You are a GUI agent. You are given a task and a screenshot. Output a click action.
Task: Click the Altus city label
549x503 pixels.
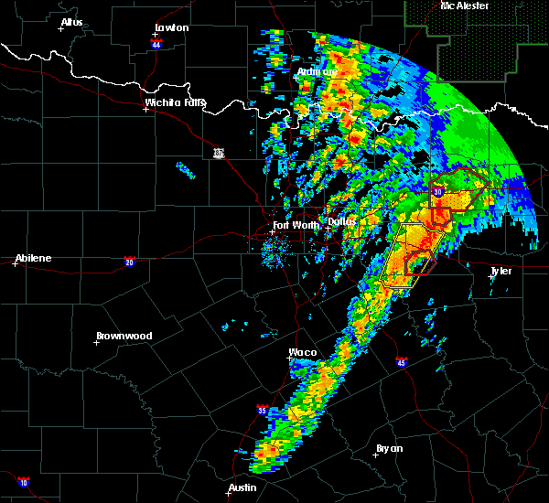click(x=71, y=22)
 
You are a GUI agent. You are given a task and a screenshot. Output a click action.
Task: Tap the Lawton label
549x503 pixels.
click(x=171, y=28)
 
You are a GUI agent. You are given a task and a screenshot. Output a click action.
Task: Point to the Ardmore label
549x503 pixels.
click(x=318, y=71)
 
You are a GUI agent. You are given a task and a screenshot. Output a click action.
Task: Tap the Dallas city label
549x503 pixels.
click(x=341, y=221)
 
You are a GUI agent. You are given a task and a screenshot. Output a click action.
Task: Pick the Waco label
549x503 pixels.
click(x=303, y=352)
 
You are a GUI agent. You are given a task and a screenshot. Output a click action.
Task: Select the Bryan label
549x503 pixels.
click(x=390, y=448)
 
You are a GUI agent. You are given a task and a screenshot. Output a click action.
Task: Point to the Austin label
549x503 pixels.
click(x=242, y=487)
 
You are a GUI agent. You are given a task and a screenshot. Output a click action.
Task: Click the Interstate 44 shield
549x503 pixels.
click(x=157, y=44)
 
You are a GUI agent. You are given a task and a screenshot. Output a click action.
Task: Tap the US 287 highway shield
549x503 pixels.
click(x=219, y=152)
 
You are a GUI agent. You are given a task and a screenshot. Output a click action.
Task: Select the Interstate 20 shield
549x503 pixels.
click(x=131, y=261)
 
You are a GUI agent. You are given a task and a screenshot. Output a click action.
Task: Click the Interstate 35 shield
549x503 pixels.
click(x=263, y=410)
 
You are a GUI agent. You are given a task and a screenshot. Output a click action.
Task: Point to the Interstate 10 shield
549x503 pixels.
click(x=23, y=482)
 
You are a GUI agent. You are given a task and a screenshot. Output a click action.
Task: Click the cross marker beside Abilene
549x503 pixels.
click(x=16, y=264)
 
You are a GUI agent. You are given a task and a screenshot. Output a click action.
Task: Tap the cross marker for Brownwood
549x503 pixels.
click(x=96, y=343)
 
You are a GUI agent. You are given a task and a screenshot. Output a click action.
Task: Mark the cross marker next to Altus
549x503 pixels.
click(x=61, y=28)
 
